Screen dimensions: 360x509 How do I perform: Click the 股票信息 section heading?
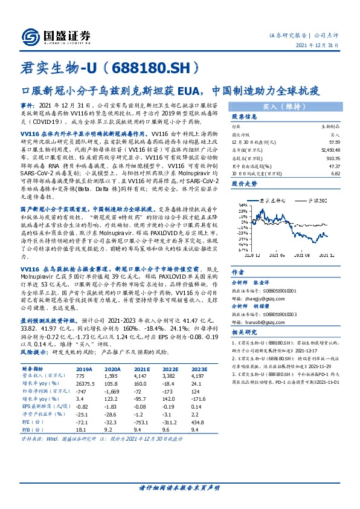coord(245,116)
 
